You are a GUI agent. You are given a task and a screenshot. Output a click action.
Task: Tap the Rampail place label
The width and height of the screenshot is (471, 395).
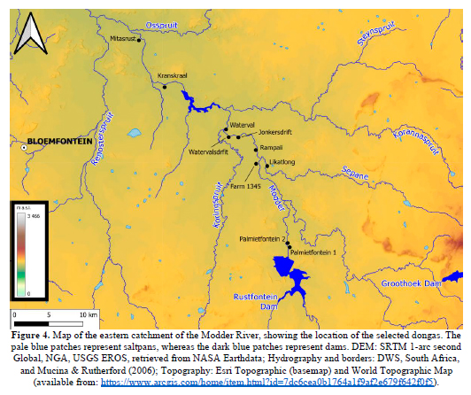[271, 147]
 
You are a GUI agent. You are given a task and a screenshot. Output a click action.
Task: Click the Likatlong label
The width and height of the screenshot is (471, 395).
[283, 161]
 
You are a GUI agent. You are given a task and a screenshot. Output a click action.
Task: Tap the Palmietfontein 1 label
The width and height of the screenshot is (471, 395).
[313, 253]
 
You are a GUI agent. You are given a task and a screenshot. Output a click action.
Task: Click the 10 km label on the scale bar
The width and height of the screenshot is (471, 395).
[87, 315]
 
